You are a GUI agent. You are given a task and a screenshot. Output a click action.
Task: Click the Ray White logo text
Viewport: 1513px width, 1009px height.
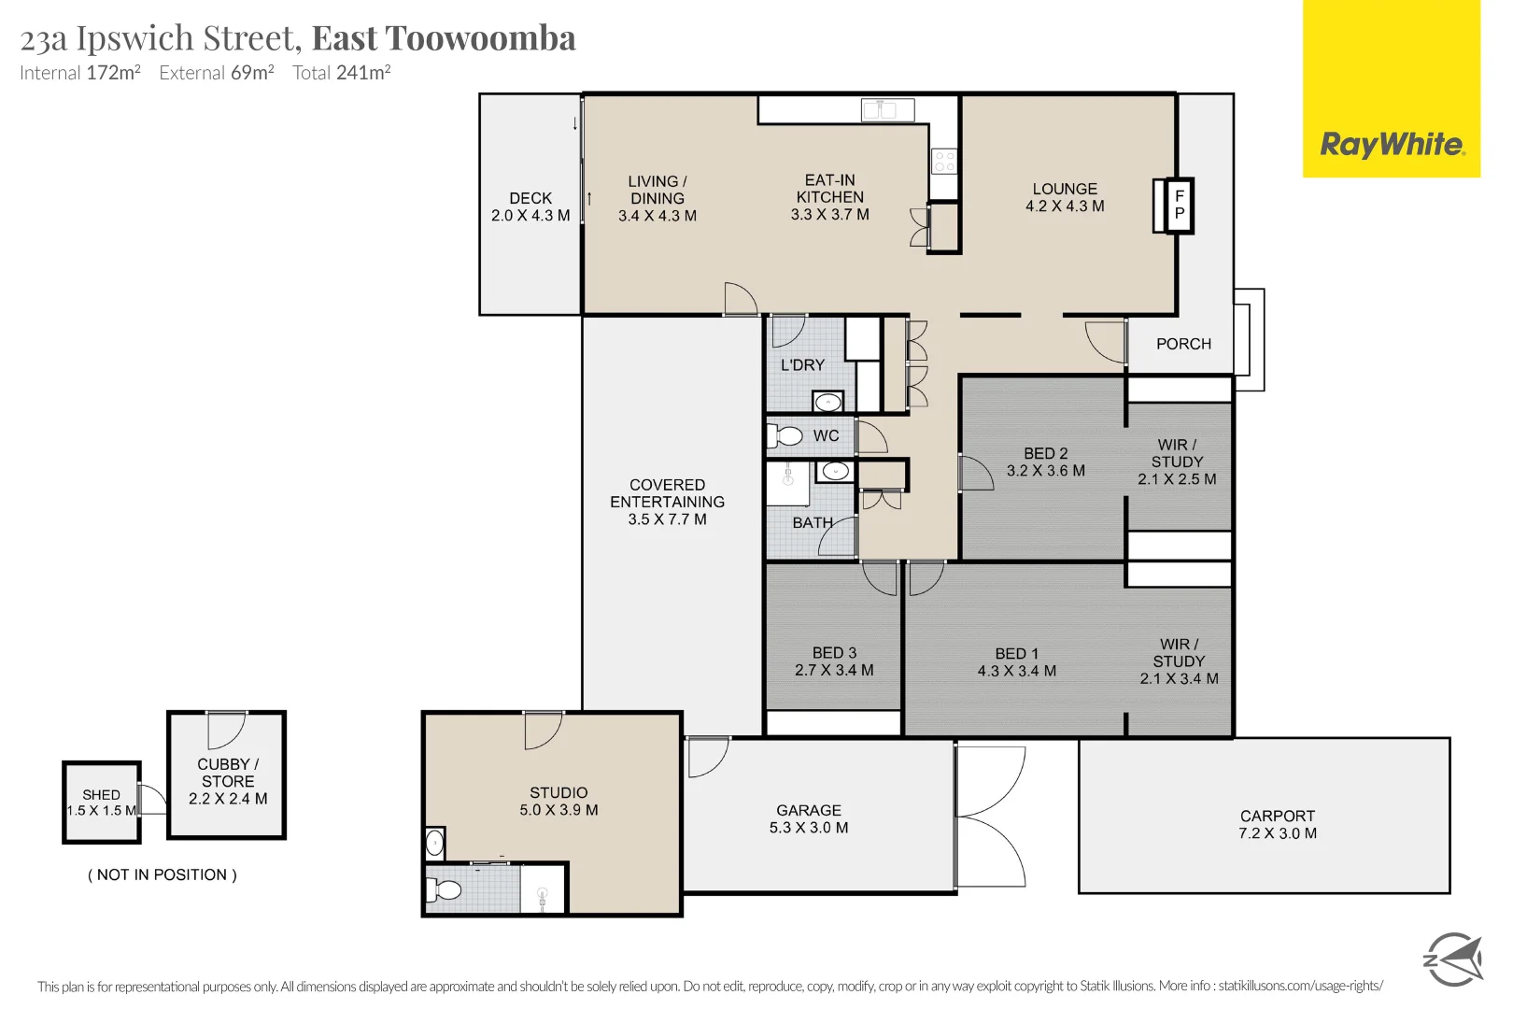click(1392, 145)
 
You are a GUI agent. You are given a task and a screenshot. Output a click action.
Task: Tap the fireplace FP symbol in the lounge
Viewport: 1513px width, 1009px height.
click(1179, 205)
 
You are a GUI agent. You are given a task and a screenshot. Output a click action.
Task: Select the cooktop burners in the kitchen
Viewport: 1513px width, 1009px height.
click(944, 161)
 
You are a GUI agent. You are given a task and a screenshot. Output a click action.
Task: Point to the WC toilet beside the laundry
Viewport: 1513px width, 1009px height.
click(786, 435)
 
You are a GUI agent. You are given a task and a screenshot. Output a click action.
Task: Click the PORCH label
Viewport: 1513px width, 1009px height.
click(1183, 344)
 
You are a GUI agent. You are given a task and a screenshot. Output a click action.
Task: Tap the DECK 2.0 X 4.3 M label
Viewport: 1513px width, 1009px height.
click(530, 206)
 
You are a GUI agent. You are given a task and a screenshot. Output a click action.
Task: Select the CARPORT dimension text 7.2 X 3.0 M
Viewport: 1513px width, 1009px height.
click(1277, 833)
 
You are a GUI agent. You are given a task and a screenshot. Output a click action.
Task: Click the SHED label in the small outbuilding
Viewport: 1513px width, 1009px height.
click(101, 794)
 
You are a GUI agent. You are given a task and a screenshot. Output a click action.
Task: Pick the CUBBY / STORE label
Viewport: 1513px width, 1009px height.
click(228, 773)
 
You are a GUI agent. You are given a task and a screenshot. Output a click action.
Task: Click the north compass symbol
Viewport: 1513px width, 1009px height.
click(1452, 959)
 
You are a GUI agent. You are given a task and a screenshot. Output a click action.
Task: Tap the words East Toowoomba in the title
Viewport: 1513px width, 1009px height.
click(444, 38)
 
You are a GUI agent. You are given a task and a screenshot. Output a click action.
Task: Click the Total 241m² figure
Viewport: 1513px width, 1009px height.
click(341, 73)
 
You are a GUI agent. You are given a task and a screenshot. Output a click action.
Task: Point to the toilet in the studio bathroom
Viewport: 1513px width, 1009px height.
click(446, 889)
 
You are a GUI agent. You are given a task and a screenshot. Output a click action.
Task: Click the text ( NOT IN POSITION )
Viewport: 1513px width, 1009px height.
click(163, 874)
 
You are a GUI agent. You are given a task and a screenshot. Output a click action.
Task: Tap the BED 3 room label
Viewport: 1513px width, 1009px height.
click(834, 653)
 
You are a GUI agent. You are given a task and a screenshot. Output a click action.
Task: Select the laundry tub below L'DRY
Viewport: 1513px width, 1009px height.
click(827, 403)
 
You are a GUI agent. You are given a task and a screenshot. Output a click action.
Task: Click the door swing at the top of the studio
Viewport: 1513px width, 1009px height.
click(542, 730)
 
